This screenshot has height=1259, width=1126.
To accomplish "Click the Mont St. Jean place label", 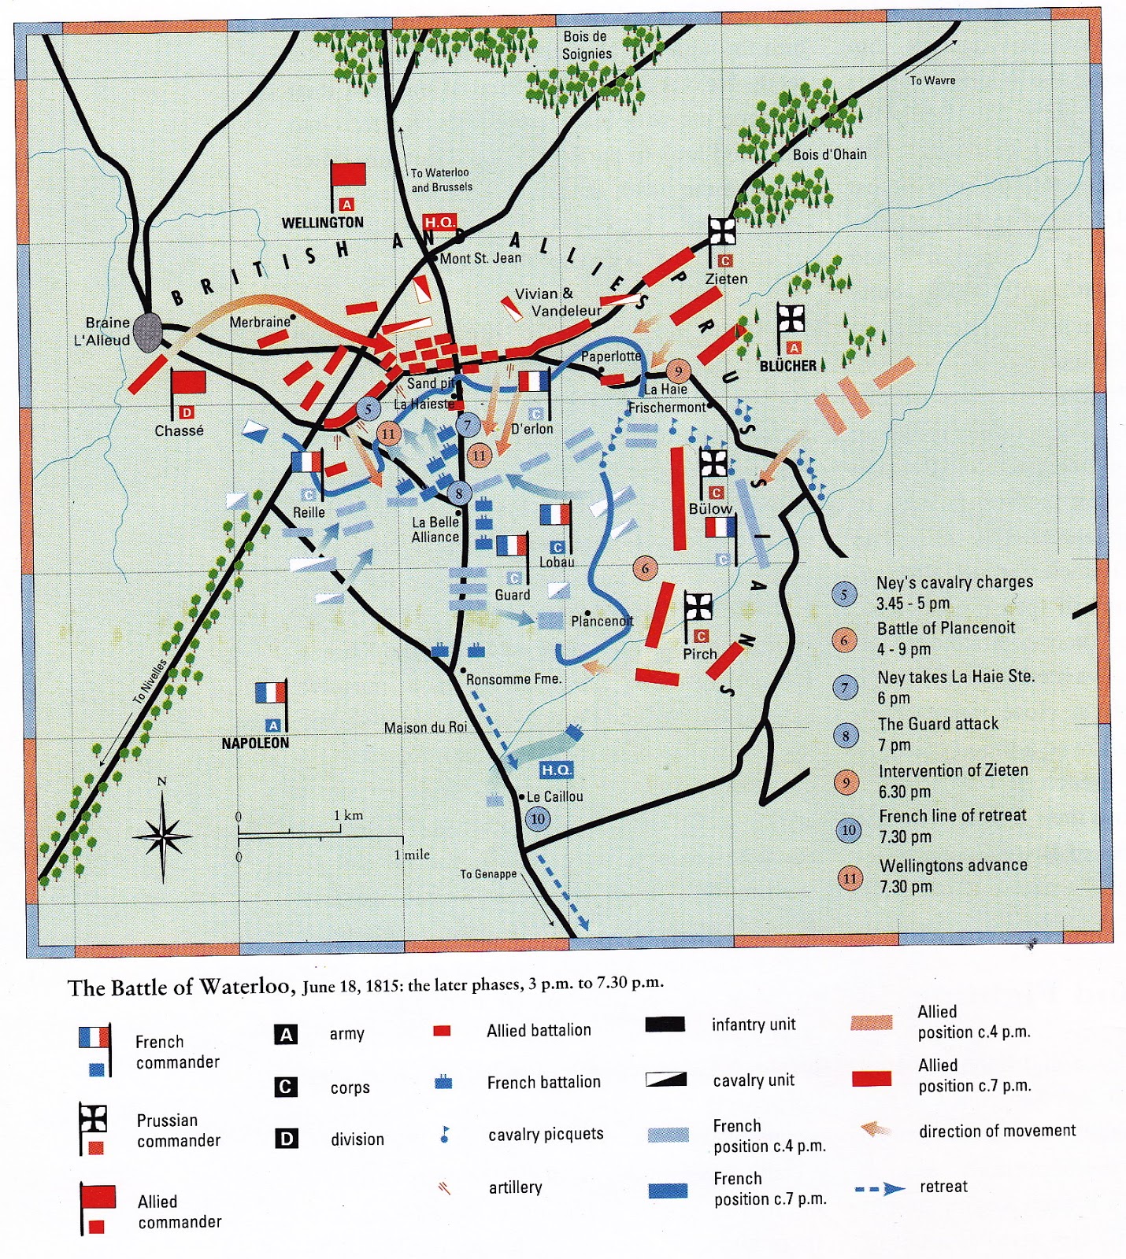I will tap(480, 258).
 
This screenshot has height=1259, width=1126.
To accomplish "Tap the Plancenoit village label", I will tap(602, 622).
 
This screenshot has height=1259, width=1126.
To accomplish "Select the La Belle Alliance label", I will tap(435, 530).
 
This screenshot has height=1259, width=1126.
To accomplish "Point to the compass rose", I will tap(162, 836).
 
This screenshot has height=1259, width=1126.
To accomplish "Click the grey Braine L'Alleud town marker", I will tap(147, 331).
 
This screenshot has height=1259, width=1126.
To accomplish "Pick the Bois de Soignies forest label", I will tap(586, 46).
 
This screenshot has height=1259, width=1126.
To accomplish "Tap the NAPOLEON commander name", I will tap(255, 743).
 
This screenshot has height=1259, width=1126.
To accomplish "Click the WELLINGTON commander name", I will tap(323, 223).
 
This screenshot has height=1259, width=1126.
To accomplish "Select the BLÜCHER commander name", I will tap(787, 366).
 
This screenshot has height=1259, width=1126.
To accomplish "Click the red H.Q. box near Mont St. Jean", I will tap(439, 223).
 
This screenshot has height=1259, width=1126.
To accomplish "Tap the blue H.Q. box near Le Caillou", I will tap(556, 770).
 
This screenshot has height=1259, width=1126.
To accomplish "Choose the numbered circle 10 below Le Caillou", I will tap(538, 818).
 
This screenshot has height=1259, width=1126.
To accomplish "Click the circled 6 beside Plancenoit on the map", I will tap(645, 568).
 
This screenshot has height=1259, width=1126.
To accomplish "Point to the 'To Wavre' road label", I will tap(932, 80).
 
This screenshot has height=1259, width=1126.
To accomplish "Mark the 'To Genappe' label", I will tap(488, 873).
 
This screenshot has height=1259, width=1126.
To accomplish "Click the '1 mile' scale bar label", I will tap(412, 855).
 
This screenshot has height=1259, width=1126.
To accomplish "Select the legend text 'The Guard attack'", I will tap(938, 724).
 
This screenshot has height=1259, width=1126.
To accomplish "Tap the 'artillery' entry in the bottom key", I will tap(515, 1187).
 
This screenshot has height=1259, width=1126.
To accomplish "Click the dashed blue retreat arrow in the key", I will tap(880, 1188).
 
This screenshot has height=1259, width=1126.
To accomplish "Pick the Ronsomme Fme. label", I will tap(513, 679).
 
